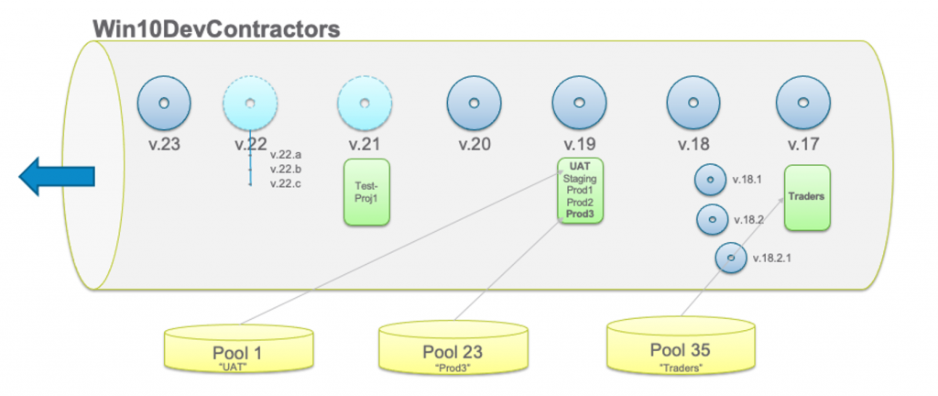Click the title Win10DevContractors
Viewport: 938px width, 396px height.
216,27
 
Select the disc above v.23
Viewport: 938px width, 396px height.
164,103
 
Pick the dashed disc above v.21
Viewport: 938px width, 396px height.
365,103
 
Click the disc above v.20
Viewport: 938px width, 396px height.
474,103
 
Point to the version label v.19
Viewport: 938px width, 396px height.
580,145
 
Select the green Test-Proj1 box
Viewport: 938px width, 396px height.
366,191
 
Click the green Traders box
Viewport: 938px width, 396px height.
807,197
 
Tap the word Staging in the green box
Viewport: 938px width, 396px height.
580,178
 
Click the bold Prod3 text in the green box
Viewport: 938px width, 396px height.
580,214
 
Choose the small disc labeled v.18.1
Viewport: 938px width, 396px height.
710,180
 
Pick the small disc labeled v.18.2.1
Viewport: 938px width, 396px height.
730,258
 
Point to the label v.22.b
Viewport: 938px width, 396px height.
286,170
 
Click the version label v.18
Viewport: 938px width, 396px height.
693,145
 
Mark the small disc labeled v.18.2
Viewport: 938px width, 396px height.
712,220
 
